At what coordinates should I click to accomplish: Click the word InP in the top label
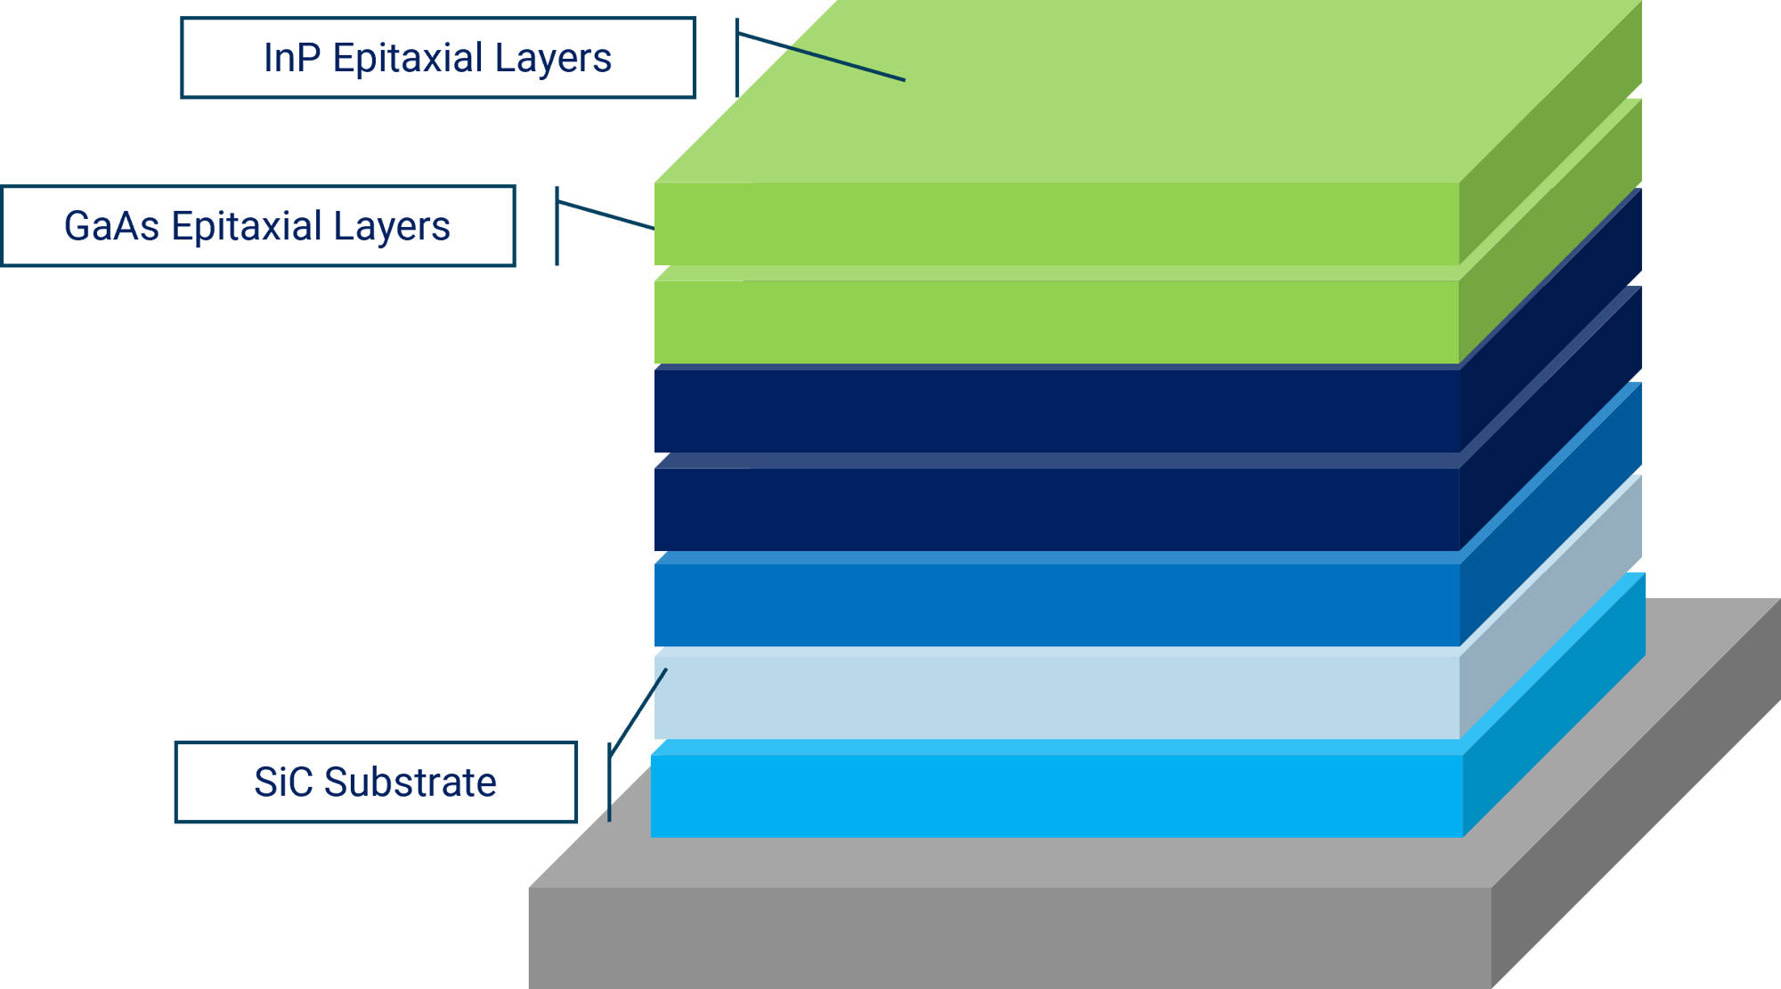click(x=291, y=59)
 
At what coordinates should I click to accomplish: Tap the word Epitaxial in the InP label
click(x=408, y=59)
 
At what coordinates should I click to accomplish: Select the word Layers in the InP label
click(x=553, y=59)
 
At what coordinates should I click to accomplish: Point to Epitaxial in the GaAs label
click(x=246, y=226)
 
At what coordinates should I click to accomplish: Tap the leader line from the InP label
click(x=819, y=58)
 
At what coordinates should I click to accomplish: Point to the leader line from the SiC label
click(x=638, y=712)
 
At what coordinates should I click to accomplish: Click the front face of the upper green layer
click(x=1055, y=224)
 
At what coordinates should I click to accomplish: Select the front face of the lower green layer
click(x=1055, y=322)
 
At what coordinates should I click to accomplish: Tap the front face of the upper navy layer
click(x=1055, y=411)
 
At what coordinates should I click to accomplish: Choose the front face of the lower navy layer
click(x=1055, y=509)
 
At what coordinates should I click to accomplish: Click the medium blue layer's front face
click(x=1055, y=605)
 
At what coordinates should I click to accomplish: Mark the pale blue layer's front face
click(x=1055, y=697)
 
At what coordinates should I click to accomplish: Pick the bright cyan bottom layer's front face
click(x=1055, y=796)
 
